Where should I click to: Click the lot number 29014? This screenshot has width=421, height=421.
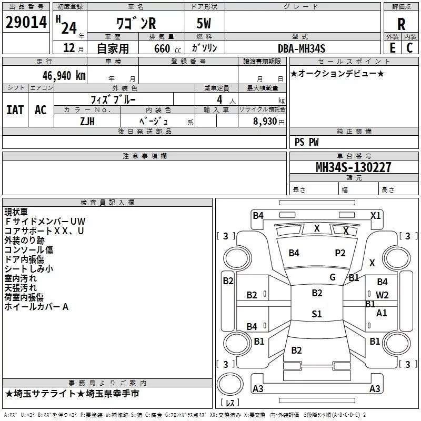pyautogui.click(x=25, y=23)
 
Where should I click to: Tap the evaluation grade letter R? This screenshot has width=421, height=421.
pyautogui.click(x=401, y=24)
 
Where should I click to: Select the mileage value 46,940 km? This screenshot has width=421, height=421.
pyautogui.click(x=62, y=75)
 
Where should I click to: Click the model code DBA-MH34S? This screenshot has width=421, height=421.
pyautogui.click(x=302, y=48)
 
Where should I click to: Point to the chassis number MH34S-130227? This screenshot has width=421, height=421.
pyautogui.click(x=353, y=167)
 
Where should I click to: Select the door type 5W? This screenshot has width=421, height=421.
pyautogui.click(x=205, y=24)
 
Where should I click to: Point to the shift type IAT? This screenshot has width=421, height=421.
pyautogui.click(x=15, y=109)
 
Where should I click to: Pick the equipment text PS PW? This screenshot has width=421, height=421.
pyautogui.click(x=306, y=142)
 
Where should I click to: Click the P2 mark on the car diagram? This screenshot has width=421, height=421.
pyautogui.click(x=340, y=253)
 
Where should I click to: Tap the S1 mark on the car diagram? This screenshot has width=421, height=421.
pyautogui.click(x=316, y=314)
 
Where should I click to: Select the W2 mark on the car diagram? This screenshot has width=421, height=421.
pyautogui.click(x=382, y=295)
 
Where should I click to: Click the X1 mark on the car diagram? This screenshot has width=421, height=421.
pyautogui.click(x=375, y=215)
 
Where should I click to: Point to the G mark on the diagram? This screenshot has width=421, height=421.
pyautogui.click(x=332, y=277)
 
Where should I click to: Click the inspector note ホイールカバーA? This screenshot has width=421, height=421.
pyautogui.click(x=36, y=307)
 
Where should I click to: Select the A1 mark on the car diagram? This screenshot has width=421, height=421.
pyautogui.click(x=382, y=313)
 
